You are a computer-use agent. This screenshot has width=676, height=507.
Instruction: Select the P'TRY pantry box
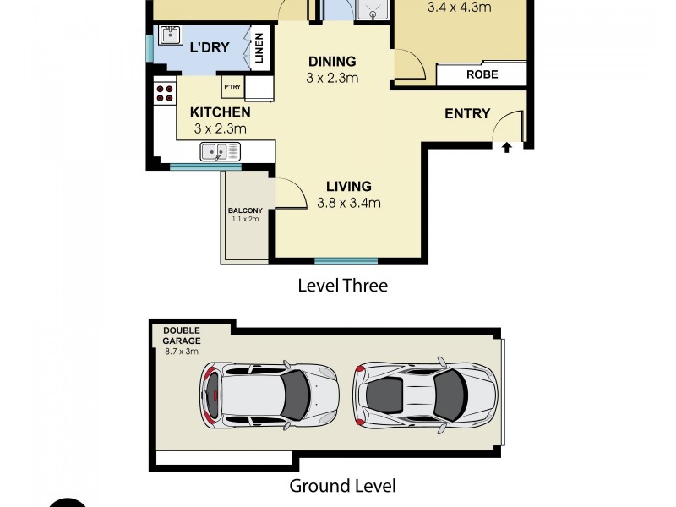point(232,86)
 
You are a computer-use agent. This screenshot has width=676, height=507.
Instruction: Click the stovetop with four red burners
point(164,93)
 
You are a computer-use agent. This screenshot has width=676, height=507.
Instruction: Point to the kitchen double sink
point(220,152)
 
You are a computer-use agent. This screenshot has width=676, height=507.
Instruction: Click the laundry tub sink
point(168,35)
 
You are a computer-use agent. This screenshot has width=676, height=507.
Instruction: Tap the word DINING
point(332,62)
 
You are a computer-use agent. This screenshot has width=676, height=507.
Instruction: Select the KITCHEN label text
point(220,112)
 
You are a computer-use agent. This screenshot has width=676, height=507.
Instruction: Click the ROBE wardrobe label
point(482,74)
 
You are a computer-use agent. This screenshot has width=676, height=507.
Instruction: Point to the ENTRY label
point(467,113)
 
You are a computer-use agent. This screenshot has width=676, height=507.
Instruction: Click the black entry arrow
point(506,148)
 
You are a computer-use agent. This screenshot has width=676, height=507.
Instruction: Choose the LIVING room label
point(349,187)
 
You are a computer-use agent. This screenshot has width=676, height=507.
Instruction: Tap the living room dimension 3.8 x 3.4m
point(349,203)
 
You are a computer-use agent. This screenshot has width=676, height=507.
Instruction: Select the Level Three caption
point(342,286)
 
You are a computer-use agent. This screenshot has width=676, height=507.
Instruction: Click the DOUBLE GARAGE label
point(182,335)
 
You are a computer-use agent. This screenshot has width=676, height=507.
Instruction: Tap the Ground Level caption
point(342,485)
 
